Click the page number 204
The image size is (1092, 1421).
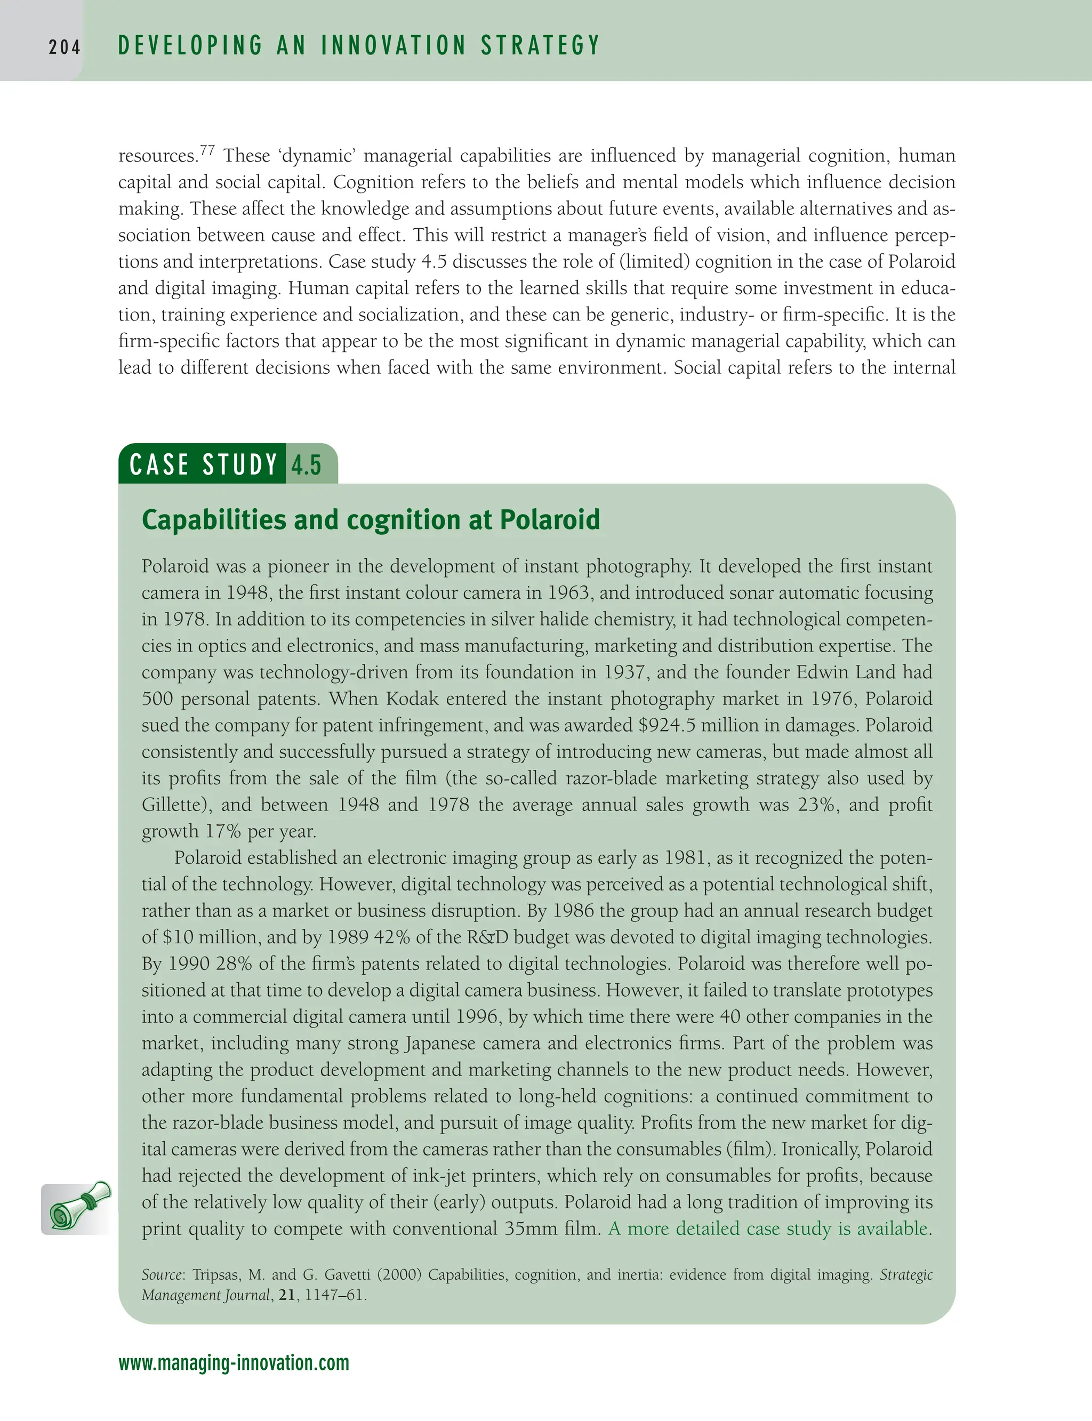[x=65, y=47]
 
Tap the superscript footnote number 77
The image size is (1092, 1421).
[x=207, y=151]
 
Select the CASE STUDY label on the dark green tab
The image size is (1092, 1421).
[x=204, y=465]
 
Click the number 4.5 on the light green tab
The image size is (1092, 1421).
[x=306, y=465]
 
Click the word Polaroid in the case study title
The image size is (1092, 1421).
[x=549, y=520]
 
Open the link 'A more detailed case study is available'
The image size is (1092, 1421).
[x=768, y=1229]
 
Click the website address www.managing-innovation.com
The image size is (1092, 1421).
[x=234, y=1362]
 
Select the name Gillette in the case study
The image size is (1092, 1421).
[x=176, y=805]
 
